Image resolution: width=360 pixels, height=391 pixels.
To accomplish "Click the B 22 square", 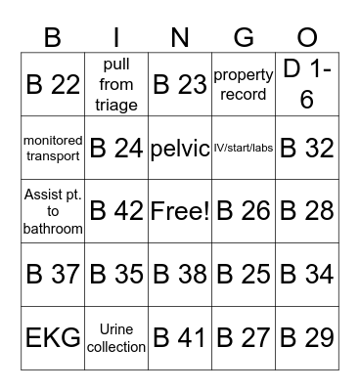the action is (52, 84).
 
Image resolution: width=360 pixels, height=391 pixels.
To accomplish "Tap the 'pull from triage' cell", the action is (115, 84).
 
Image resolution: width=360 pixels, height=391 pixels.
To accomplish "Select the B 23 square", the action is (179, 84).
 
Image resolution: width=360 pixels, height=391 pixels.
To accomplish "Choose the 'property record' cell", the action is (243, 84).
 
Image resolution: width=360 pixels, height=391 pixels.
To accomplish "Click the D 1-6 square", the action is (306, 84).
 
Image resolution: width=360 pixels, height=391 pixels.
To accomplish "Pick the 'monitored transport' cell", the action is (52, 148).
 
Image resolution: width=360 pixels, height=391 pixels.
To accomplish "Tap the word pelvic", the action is (179, 148).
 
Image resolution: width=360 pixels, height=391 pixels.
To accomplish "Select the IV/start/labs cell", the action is (243, 148).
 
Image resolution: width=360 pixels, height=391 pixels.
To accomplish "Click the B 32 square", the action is (306, 148).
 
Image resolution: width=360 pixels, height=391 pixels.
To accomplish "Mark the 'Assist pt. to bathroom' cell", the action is (52, 211).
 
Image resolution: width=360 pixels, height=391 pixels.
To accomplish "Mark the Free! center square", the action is (179, 211).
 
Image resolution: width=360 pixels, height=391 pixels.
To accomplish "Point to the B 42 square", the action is (115, 211).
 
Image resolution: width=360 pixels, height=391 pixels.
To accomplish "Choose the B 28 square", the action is (306, 211).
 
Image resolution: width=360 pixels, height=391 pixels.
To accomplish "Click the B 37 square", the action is (52, 275).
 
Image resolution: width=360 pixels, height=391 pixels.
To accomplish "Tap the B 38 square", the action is (179, 275).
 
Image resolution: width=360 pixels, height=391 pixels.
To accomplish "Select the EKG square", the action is (52, 338).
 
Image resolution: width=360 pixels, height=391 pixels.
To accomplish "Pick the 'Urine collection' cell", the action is (115, 338).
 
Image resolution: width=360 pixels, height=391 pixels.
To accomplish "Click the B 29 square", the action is (306, 338).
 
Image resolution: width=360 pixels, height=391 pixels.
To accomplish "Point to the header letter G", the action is (244, 38).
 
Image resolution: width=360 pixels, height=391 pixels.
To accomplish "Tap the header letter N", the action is (180, 38).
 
